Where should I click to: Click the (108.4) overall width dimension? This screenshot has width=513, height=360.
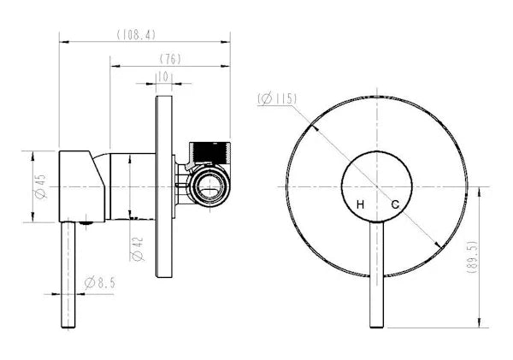136,35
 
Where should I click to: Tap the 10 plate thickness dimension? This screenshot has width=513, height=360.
162,77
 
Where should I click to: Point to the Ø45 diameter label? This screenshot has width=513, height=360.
40,188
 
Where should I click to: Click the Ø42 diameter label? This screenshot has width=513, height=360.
136,248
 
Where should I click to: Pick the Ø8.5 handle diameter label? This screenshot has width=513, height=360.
101,282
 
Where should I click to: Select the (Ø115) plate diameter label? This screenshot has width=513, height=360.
276,99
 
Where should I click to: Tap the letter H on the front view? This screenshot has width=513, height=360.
361,204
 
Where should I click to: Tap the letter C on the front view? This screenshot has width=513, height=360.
395,204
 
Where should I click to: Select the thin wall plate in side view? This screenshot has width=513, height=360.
163,184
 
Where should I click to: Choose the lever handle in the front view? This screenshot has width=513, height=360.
377,274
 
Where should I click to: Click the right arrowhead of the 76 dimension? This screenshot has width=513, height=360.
228,65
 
